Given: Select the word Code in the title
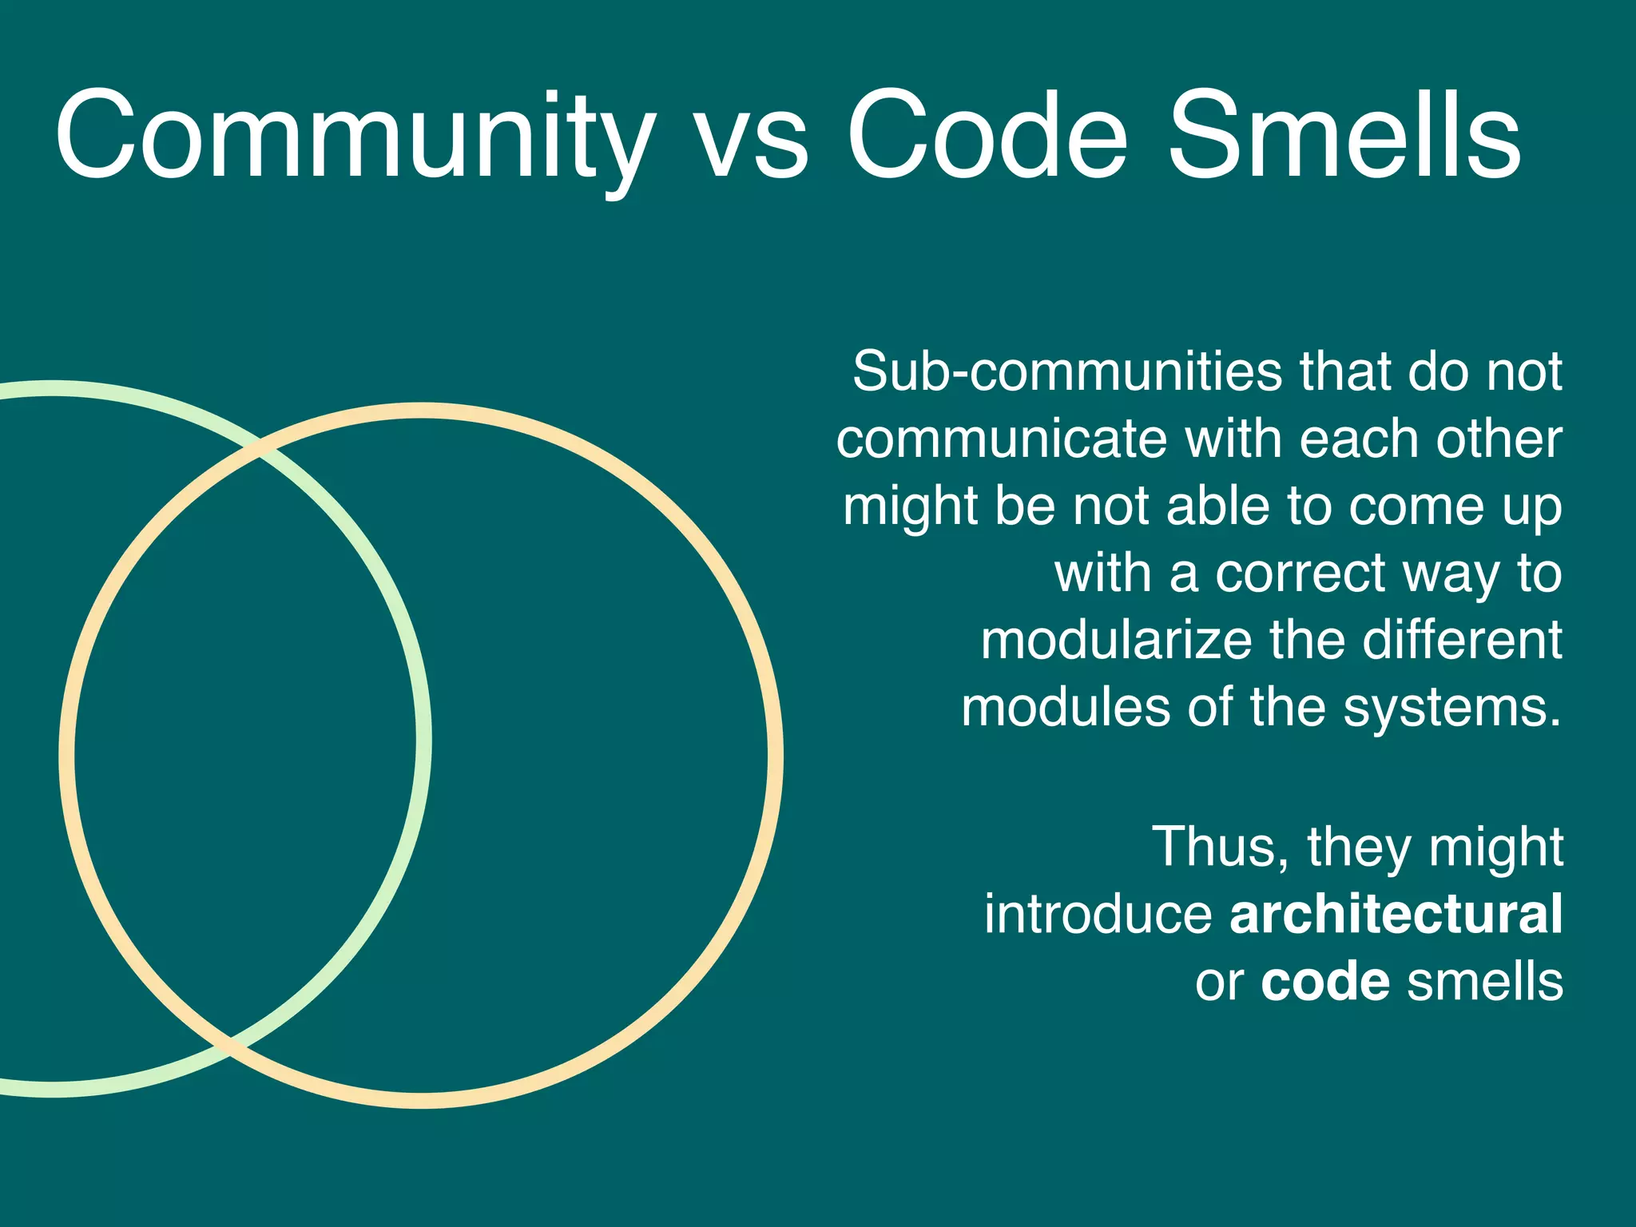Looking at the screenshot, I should click(x=987, y=136).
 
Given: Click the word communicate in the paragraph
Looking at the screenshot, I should click(x=1003, y=439).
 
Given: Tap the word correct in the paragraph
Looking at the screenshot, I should click(x=1301, y=574).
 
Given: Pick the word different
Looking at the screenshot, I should click(x=1462, y=641).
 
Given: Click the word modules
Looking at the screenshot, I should click(x=1066, y=708).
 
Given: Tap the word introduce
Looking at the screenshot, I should click(x=1098, y=914).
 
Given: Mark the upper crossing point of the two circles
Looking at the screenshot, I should click(x=260, y=451).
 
